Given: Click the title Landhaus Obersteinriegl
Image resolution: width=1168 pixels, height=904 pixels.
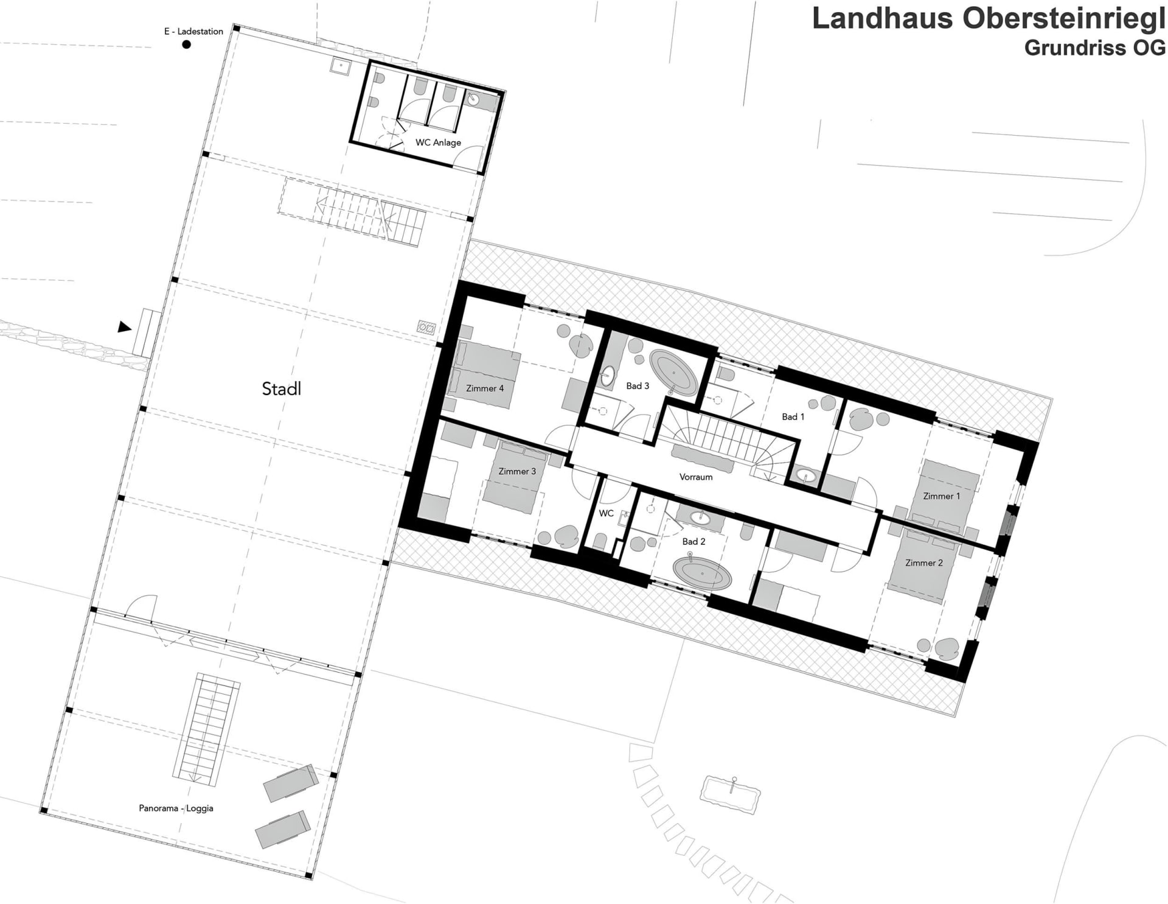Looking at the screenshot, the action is [989, 18].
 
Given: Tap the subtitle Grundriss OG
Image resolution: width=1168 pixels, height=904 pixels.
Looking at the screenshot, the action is [1094, 47].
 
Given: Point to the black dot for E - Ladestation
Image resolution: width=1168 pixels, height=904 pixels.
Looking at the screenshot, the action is [187, 44].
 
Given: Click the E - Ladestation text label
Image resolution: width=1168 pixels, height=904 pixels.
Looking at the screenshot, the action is [193, 31].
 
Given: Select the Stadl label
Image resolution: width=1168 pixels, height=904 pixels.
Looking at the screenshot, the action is [281, 388].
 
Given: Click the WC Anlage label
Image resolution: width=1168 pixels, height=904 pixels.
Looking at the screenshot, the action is [438, 142].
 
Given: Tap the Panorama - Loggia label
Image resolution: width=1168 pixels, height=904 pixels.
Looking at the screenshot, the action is [176, 808].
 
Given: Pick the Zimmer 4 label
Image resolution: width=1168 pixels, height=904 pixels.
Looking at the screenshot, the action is [485, 388].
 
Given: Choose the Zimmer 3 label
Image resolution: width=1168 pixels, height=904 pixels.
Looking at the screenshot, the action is [517, 471].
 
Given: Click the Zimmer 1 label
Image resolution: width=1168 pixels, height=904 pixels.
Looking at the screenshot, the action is [941, 496].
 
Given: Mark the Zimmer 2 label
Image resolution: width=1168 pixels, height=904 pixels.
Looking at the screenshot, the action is [923, 562].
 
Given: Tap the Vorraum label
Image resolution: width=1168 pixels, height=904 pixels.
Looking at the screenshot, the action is [696, 477].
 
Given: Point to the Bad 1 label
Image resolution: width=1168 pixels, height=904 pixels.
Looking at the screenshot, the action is [793, 417].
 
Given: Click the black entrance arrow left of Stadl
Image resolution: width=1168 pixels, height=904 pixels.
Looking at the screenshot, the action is [124, 327].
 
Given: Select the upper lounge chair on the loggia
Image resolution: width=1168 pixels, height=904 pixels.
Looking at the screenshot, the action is [291, 783].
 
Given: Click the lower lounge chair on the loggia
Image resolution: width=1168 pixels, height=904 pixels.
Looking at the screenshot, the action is [283, 829].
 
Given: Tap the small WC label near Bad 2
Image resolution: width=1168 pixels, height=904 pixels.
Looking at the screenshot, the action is [606, 513].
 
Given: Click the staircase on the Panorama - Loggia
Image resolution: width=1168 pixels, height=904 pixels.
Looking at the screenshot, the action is [207, 729].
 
